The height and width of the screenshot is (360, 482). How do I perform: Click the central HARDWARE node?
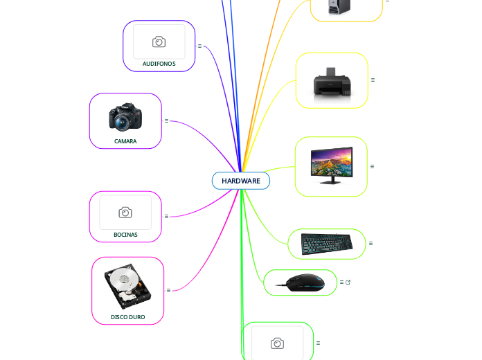[x=240, y=181]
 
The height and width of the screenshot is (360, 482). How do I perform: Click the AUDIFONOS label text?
[x=159, y=64]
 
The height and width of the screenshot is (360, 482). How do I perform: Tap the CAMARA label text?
[x=125, y=141]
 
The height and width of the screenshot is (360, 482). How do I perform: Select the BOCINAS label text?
[x=125, y=235]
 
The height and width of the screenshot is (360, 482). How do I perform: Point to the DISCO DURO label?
[x=128, y=316]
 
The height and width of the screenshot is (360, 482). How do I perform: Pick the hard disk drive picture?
[x=127, y=287]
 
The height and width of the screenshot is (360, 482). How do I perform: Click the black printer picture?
[x=332, y=82]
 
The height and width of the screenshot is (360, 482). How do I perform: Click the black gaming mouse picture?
[x=300, y=282]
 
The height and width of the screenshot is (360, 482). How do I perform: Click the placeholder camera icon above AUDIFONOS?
[x=159, y=42]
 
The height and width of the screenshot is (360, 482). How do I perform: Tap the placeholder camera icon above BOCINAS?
[x=125, y=213]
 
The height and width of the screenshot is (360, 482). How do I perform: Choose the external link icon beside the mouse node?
[x=348, y=282]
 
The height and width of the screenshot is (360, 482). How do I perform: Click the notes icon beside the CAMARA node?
[x=167, y=120]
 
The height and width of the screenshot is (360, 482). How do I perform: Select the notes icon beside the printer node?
[x=373, y=80]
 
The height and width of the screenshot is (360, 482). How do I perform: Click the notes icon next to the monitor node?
[x=373, y=166]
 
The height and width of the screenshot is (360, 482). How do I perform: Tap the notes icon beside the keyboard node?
[x=371, y=243]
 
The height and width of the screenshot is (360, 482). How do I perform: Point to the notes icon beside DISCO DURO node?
[x=169, y=290]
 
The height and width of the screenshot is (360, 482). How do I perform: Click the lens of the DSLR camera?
[x=122, y=123]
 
